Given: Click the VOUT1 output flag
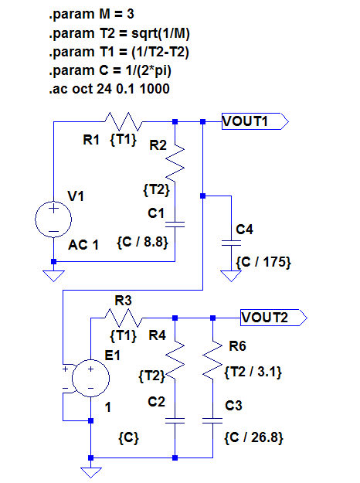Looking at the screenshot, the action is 255,121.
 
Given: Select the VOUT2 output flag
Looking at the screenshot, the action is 273,318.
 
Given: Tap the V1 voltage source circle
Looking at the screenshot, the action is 53,219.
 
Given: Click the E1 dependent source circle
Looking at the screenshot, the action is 90,378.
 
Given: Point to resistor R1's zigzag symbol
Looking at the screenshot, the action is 124,121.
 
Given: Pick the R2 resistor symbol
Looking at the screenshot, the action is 175,163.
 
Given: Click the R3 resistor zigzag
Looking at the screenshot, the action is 124,318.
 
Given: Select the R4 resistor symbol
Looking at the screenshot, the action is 175,359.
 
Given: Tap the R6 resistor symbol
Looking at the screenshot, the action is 212,359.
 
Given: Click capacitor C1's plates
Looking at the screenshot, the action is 175,224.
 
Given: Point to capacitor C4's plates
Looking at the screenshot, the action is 231,243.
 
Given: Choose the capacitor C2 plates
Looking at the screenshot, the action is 175,420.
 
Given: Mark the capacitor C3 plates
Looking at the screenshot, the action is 212,420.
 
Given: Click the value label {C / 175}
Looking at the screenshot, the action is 263,262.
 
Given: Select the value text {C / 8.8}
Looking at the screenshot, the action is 143,242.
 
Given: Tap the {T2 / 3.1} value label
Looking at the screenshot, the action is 253,372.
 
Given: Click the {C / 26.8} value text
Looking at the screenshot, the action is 253,437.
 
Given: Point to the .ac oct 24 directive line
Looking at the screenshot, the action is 109,89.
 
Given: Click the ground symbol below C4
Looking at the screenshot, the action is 231,276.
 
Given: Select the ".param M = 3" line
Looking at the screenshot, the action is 91,14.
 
